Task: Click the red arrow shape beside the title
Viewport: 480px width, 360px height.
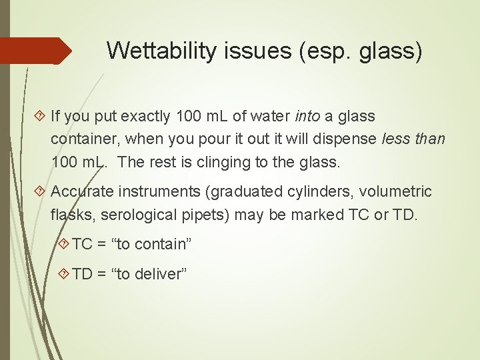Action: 36,51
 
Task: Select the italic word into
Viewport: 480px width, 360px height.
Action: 307,117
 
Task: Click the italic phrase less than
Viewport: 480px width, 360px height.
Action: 413,139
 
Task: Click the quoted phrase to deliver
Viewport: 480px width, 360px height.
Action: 151,274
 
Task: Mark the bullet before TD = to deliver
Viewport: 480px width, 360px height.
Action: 64,274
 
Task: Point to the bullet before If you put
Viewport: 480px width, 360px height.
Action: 43,117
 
